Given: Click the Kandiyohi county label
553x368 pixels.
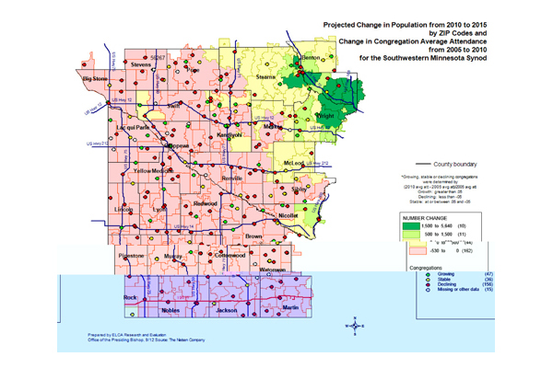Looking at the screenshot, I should tap(229, 134).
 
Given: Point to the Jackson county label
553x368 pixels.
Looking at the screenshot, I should tap(227, 311).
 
